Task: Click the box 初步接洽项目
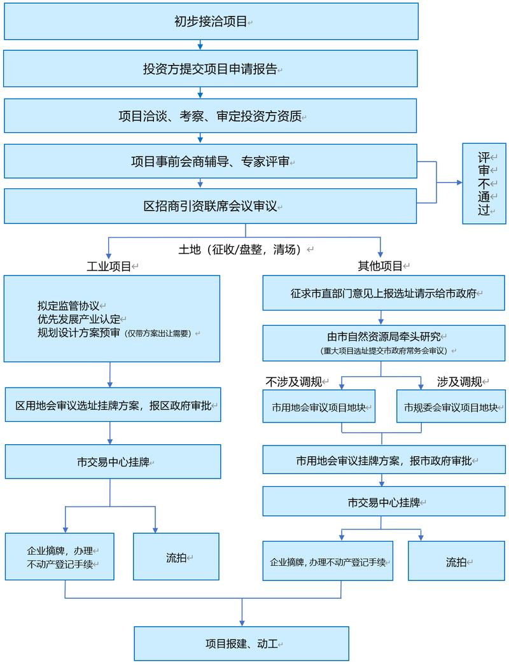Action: click(x=211, y=21)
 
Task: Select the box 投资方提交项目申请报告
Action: click(x=211, y=69)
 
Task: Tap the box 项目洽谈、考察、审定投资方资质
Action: click(x=211, y=116)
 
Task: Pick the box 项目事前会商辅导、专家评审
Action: click(x=211, y=161)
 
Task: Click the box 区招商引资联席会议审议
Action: click(x=211, y=206)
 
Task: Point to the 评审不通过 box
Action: click(x=484, y=183)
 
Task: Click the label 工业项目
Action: click(x=109, y=266)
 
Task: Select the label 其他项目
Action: click(x=380, y=266)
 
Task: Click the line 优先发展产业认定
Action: click(x=78, y=318)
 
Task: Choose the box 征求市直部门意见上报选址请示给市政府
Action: click(x=384, y=293)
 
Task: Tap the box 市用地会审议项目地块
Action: click(x=319, y=406)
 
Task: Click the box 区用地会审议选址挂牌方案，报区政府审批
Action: click(x=113, y=405)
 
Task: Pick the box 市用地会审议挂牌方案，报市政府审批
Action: click(x=384, y=459)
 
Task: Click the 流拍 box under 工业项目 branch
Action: click(x=176, y=557)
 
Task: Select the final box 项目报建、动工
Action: click(x=242, y=643)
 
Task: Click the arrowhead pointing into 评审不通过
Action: click(x=459, y=183)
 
